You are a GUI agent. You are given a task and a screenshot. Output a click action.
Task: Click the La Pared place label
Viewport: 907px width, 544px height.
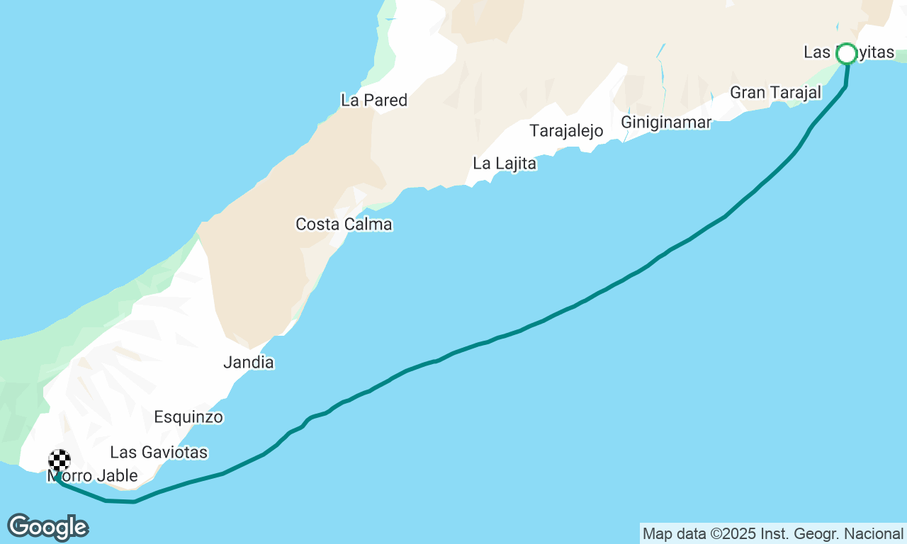tap(374, 101)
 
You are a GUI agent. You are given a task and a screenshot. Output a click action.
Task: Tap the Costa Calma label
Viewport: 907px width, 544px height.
tap(344, 225)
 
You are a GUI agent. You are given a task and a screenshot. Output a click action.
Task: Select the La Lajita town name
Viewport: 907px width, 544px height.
tap(505, 164)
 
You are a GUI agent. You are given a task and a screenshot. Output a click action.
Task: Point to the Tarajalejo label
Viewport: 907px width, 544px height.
tap(566, 131)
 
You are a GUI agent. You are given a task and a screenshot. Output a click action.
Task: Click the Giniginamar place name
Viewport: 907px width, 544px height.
tap(665, 123)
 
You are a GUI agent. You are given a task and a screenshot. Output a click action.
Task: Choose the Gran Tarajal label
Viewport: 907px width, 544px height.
tap(775, 93)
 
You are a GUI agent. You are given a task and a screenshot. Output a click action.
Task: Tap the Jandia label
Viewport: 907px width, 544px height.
tap(248, 363)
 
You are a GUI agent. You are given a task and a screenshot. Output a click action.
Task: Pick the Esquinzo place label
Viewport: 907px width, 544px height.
tap(188, 417)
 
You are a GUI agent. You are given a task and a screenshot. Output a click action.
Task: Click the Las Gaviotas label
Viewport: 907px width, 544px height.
tap(159, 452)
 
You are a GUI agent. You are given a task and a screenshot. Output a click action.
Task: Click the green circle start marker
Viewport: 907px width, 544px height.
tap(846, 53)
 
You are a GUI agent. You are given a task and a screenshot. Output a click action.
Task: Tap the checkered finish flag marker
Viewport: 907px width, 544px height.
tap(60, 460)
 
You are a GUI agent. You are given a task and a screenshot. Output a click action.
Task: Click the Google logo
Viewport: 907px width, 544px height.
tap(47, 527)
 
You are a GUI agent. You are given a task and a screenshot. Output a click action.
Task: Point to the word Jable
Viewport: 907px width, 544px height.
tap(117, 475)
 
